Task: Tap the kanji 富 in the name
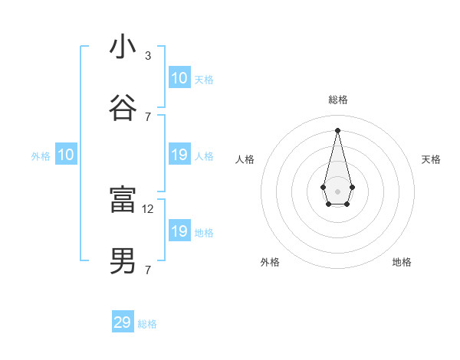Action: (x=123, y=200)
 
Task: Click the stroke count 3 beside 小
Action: (x=148, y=56)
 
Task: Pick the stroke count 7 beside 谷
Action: (x=148, y=116)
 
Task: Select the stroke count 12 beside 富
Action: (x=149, y=208)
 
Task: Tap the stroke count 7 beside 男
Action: (x=148, y=270)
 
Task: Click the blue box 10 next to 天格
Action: (x=179, y=78)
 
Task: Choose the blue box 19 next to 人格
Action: (x=179, y=155)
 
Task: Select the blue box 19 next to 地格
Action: (x=179, y=231)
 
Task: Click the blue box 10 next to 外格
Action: (x=66, y=155)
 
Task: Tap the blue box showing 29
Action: (x=123, y=322)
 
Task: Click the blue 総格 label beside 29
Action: (x=147, y=324)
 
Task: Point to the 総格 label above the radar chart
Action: (x=337, y=100)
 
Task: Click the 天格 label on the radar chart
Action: (x=431, y=159)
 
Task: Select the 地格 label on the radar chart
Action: (x=402, y=262)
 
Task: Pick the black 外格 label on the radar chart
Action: (x=270, y=262)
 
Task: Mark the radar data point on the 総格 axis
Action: (x=337, y=129)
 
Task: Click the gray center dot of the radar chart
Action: (x=337, y=190)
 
